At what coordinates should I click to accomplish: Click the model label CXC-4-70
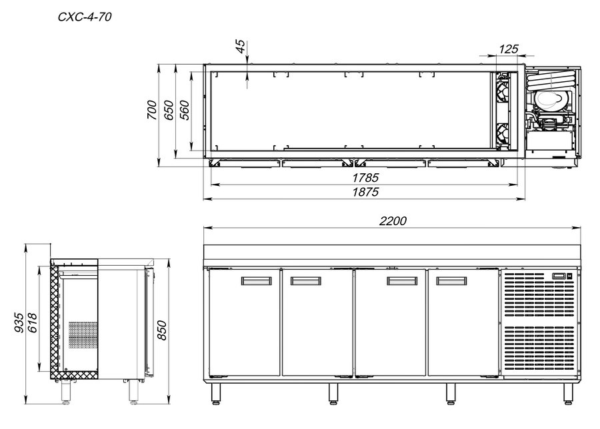[x=85, y=17]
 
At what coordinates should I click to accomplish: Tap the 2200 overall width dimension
[x=393, y=221]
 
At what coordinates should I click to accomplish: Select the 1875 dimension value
[x=365, y=192]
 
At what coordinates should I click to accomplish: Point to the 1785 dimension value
[x=365, y=178]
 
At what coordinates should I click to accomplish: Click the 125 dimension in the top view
[x=509, y=49]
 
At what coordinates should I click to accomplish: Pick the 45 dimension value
[x=240, y=46]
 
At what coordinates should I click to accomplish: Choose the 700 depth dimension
[x=152, y=110]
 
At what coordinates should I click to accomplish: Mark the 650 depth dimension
[x=169, y=110]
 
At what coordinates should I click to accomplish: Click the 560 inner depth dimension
[x=185, y=110]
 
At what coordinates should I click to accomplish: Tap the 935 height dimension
[x=19, y=322]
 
